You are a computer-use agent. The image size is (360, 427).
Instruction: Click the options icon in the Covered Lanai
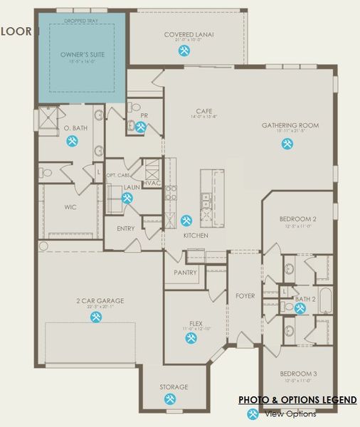(x=184, y=51)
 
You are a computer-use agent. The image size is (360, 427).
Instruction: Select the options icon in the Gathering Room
(x=288, y=142)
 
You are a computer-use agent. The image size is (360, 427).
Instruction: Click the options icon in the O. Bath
(x=72, y=141)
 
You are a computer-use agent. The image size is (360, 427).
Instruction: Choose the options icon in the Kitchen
(x=186, y=220)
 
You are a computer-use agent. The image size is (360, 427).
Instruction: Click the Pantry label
(x=185, y=273)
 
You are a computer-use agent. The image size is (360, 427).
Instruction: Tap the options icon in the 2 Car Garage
(x=95, y=317)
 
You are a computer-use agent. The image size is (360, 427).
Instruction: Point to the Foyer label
(x=245, y=296)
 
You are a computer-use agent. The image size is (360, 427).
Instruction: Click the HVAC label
(x=151, y=183)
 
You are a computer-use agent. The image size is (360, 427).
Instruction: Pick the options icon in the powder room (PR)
(x=142, y=127)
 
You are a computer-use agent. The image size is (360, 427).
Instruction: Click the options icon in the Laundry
(x=127, y=199)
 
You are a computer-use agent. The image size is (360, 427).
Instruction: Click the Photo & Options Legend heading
(x=297, y=400)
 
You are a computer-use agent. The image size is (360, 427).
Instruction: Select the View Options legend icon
(x=252, y=414)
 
